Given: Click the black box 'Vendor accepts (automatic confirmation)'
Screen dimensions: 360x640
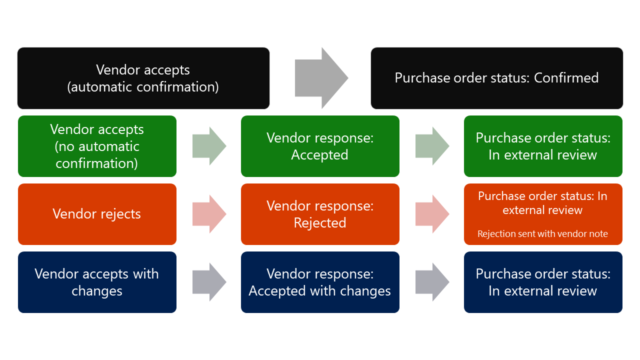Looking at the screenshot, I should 143,78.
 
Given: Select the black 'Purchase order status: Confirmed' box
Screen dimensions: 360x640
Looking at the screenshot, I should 496,78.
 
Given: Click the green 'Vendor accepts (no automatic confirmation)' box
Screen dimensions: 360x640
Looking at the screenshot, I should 97,146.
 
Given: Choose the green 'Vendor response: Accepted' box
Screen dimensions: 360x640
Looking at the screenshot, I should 320,146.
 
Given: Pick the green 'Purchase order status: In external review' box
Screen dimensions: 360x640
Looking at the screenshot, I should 543,146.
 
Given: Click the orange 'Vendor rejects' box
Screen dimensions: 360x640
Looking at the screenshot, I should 97,214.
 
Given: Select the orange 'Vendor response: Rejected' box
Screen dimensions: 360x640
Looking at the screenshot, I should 320,214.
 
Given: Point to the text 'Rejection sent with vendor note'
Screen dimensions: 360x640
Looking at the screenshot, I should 542,234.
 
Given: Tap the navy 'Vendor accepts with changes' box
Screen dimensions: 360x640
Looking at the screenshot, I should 97,282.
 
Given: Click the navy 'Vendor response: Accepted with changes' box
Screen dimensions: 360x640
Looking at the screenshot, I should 320,282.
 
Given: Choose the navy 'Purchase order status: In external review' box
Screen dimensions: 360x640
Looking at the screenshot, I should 543,282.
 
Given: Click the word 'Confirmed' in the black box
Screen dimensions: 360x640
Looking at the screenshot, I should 566,78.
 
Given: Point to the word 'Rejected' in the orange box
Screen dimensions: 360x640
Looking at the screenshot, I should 320,223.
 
